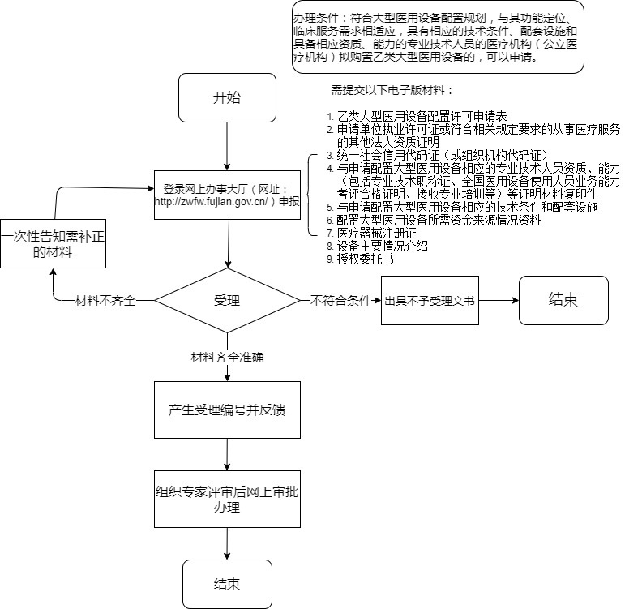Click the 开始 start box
click(226, 98)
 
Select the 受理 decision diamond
click(226, 300)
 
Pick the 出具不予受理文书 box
click(430, 300)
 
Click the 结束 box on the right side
click(563, 299)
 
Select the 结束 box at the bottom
click(226, 584)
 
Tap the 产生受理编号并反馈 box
click(226, 410)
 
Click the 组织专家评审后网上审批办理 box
click(226, 500)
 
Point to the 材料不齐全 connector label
click(105, 300)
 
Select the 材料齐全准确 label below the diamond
click(226, 356)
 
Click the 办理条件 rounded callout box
click(437, 37)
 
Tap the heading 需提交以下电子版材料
click(392, 89)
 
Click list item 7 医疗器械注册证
click(376, 233)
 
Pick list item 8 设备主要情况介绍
click(382, 247)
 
